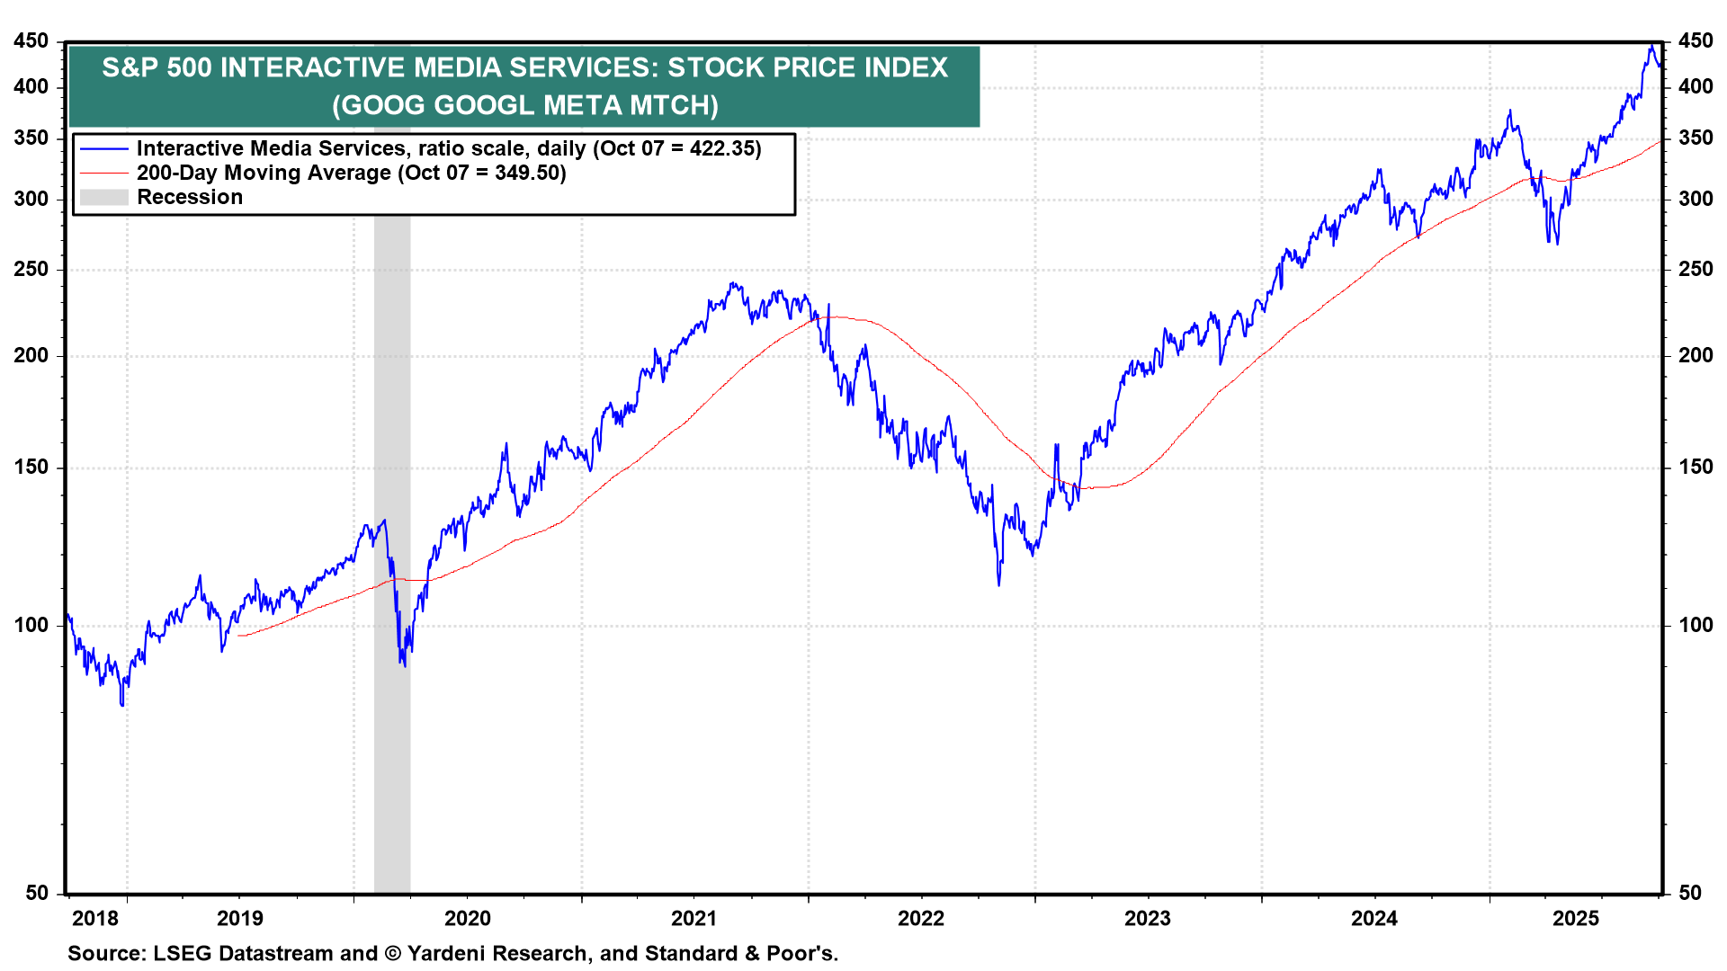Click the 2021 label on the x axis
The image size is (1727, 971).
pos(693,918)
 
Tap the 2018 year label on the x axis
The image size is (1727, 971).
pos(95,918)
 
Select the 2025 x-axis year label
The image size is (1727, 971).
pos(1576,918)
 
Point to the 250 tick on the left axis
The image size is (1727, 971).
pos(31,269)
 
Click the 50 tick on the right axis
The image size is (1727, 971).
pos(1690,893)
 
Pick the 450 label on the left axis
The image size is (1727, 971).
pos(31,41)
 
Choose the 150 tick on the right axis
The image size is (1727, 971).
pos(1696,467)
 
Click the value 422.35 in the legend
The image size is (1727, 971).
pos(724,148)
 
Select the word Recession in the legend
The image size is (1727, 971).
pos(190,197)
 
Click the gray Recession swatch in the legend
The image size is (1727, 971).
pos(104,197)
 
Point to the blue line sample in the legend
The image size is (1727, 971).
pos(104,148)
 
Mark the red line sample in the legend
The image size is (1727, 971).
pos(104,173)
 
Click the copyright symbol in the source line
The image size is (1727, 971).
pos(392,953)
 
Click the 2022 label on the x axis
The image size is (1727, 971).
pos(921,918)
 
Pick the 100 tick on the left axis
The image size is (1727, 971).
pos(31,625)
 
